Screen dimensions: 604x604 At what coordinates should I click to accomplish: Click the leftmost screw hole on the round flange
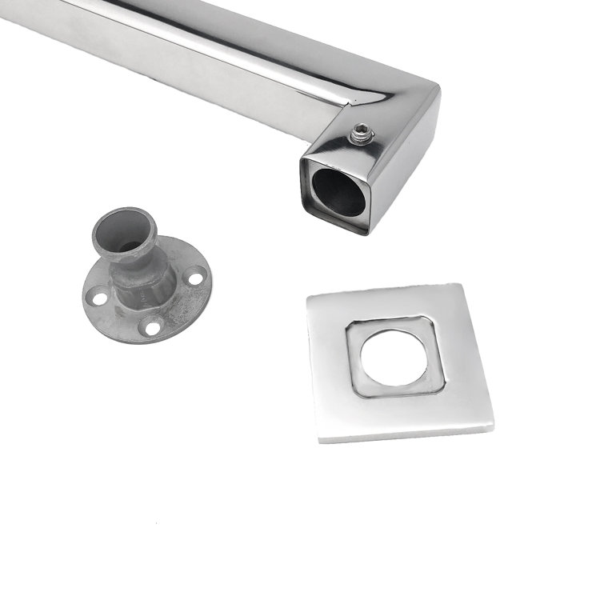(98, 298)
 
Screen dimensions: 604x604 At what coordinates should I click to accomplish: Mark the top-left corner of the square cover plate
(309, 297)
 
